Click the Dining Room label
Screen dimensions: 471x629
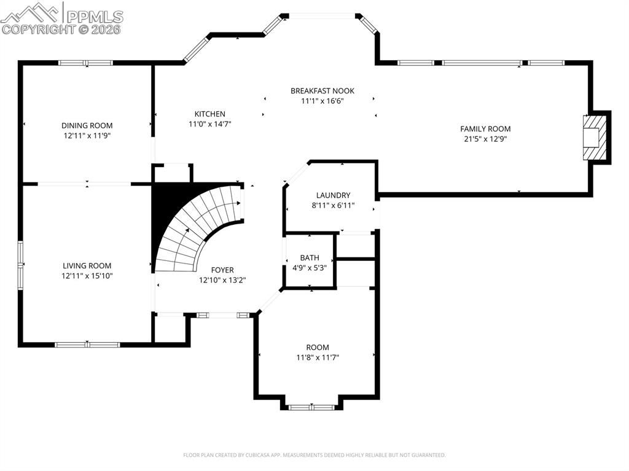click(87, 125)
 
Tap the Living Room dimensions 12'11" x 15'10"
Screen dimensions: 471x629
click(87, 276)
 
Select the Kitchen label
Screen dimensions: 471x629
click(209, 114)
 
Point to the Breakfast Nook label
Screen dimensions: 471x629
click(322, 91)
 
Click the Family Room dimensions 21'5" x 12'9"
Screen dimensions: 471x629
click(485, 139)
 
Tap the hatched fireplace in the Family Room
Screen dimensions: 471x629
click(591, 137)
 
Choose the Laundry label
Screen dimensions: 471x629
click(333, 195)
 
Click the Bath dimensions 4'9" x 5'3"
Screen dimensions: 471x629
click(309, 268)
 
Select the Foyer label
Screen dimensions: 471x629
click(222, 270)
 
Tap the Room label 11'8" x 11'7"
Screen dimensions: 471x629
click(318, 347)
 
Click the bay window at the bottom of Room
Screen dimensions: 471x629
click(311, 407)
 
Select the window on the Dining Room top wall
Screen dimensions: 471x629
click(85, 63)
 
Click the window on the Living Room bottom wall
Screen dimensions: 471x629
click(87, 344)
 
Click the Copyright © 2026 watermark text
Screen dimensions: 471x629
click(61, 29)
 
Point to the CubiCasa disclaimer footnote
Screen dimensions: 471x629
click(314, 455)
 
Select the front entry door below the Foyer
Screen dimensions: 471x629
click(223, 315)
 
